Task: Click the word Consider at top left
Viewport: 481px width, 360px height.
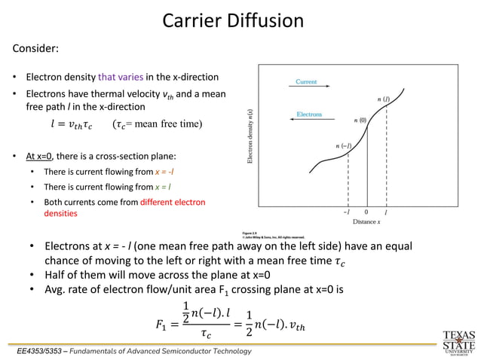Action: pyautogui.click(x=35, y=49)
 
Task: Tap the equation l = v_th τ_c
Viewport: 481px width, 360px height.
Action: pyautogui.click(x=71, y=124)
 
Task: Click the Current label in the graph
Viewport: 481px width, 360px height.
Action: pyautogui.click(x=306, y=81)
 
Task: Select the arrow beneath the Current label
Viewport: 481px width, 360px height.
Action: pyautogui.click(x=306, y=89)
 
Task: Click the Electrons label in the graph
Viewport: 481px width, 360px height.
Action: pyautogui.click(x=308, y=114)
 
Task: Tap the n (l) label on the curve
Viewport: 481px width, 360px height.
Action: pyautogui.click(x=383, y=99)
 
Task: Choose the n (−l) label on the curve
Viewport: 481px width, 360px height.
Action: pyautogui.click(x=343, y=145)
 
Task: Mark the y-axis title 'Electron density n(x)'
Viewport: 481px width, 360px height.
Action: pyautogui.click(x=250, y=136)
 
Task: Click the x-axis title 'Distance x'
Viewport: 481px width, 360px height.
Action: pyautogui.click(x=366, y=222)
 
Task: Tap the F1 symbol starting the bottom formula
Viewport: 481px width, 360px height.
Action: pyautogui.click(x=161, y=325)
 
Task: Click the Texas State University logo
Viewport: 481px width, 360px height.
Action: pyautogui.click(x=458, y=341)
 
